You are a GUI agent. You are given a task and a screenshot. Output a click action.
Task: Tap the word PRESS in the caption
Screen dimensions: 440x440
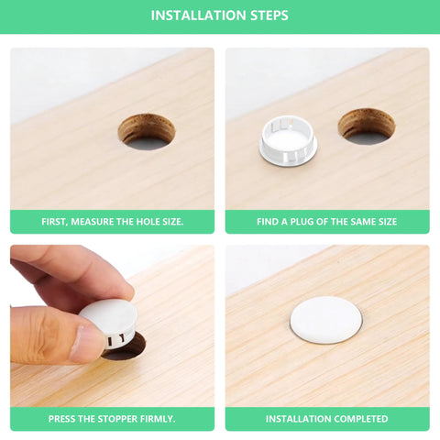[x=63, y=419]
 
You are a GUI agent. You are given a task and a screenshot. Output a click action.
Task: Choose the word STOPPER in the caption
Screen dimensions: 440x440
[x=116, y=419]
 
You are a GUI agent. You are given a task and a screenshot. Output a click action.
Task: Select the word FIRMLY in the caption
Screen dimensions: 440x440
[x=159, y=419]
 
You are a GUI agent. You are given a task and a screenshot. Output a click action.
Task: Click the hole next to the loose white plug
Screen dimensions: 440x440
[x=367, y=126]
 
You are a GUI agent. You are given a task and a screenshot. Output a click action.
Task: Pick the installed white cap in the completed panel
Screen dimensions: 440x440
[x=325, y=319]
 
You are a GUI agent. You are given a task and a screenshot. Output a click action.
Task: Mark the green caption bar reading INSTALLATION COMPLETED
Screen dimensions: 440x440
[x=327, y=419]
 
